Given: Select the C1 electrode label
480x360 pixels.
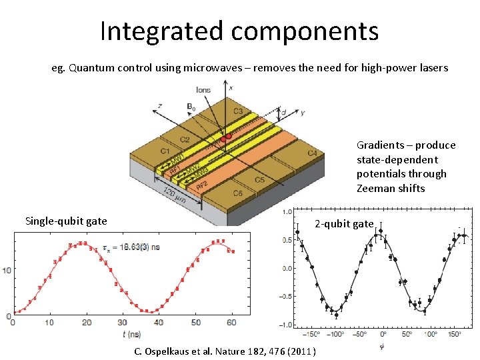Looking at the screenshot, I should point(165,151).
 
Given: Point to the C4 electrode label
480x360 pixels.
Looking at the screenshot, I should point(312,153).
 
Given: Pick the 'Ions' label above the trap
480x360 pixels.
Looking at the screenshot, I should point(203,90).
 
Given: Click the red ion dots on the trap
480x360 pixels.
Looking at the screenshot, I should point(226,137).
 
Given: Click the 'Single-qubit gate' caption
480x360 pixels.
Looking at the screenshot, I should point(66,221).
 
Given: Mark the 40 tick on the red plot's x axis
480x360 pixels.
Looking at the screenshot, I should point(159,323).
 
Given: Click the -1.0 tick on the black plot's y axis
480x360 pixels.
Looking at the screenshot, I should point(285,325).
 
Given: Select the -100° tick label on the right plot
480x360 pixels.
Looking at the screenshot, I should point(336,334).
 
